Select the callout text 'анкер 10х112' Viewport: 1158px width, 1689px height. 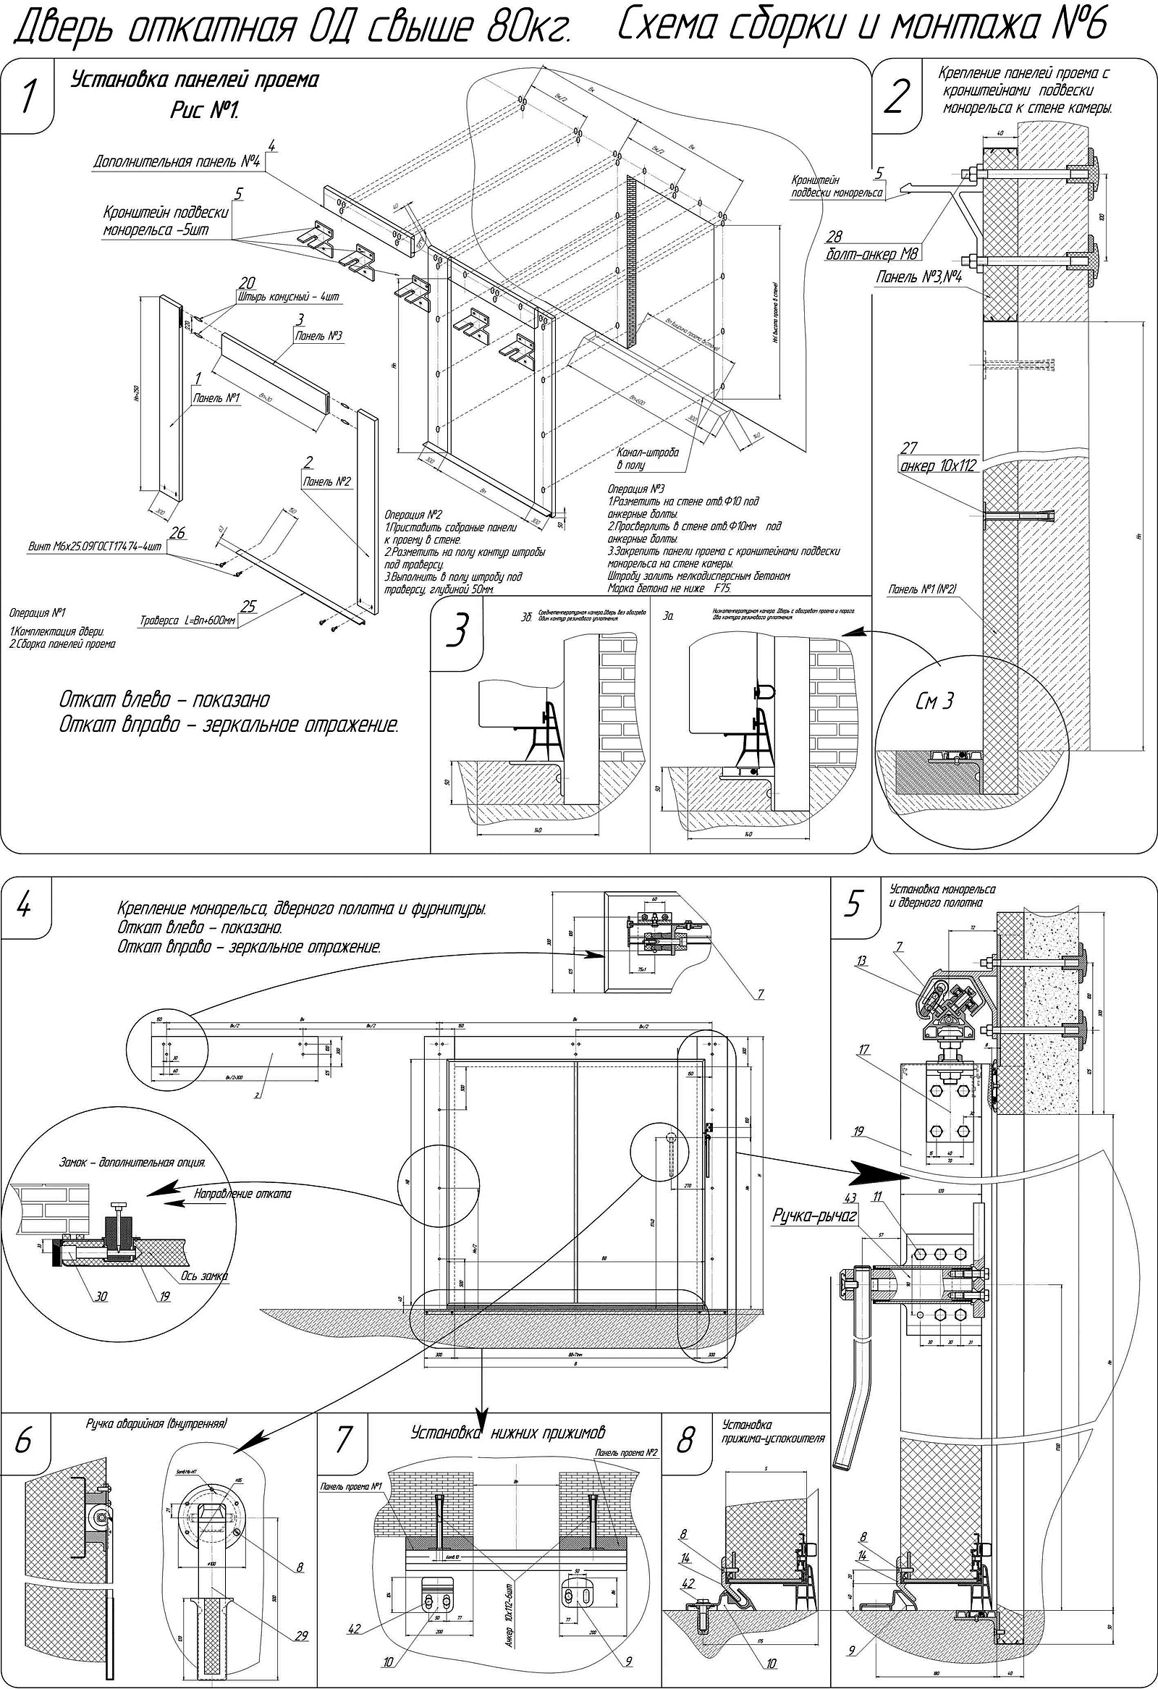(x=932, y=466)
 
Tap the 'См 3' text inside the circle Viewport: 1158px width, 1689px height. (x=936, y=702)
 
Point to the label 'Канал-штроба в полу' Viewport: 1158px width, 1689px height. (x=648, y=458)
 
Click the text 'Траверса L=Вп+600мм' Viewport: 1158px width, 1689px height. (x=187, y=620)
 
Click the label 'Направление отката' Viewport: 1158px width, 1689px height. (x=242, y=1193)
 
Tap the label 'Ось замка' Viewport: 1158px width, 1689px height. (x=205, y=1276)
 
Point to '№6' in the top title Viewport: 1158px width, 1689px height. (x=1078, y=27)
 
